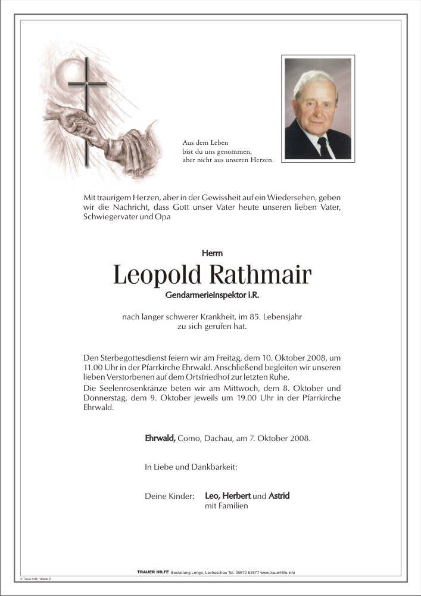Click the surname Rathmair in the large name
click(x=260, y=275)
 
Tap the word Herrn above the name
click(x=211, y=253)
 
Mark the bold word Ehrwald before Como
click(x=160, y=438)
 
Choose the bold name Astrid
click(x=279, y=495)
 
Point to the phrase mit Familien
click(x=226, y=506)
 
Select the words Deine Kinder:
click(x=169, y=496)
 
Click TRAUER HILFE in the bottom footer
click(x=152, y=572)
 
